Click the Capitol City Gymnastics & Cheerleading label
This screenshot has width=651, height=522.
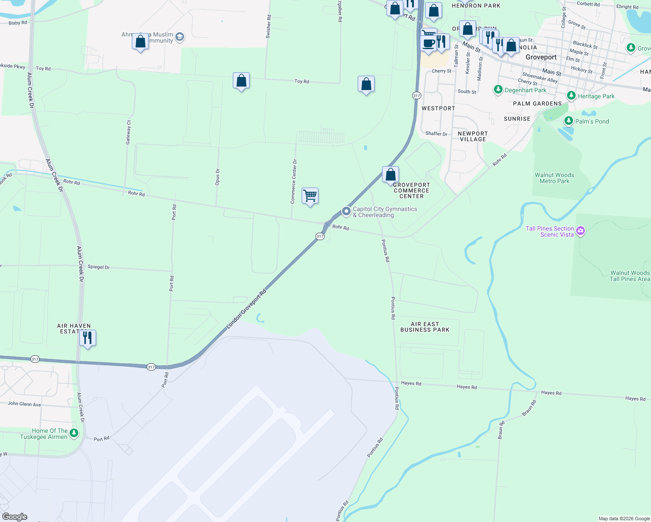coord(385,212)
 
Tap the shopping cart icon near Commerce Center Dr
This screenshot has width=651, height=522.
coord(310,196)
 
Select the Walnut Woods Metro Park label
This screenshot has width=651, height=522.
coord(554,178)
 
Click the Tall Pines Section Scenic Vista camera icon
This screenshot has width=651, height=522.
coord(581,231)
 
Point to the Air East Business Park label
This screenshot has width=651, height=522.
coord(425,327)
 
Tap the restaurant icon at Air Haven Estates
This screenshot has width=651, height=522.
coord(87,338)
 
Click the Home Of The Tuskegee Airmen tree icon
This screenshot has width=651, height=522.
coord(74,433)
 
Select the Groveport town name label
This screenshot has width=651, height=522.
coord(541,57)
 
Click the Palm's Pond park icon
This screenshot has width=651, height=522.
coord(568,120)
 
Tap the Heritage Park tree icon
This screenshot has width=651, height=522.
coord(571,96)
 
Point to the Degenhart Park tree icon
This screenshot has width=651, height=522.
coord(498,90)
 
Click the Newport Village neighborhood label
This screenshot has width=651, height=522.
coord(473,136)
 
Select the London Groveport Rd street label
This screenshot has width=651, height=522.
coord(246,309)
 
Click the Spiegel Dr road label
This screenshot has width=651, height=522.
coord(98,267)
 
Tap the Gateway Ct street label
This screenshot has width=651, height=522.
coord(128,132)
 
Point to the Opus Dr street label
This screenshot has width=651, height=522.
coord(218,177)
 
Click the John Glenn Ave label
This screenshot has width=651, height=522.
coord(24,404)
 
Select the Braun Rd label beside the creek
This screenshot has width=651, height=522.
coord(529,408)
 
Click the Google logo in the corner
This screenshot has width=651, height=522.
coord(15,516)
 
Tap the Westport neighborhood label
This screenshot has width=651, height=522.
coord(438,108)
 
